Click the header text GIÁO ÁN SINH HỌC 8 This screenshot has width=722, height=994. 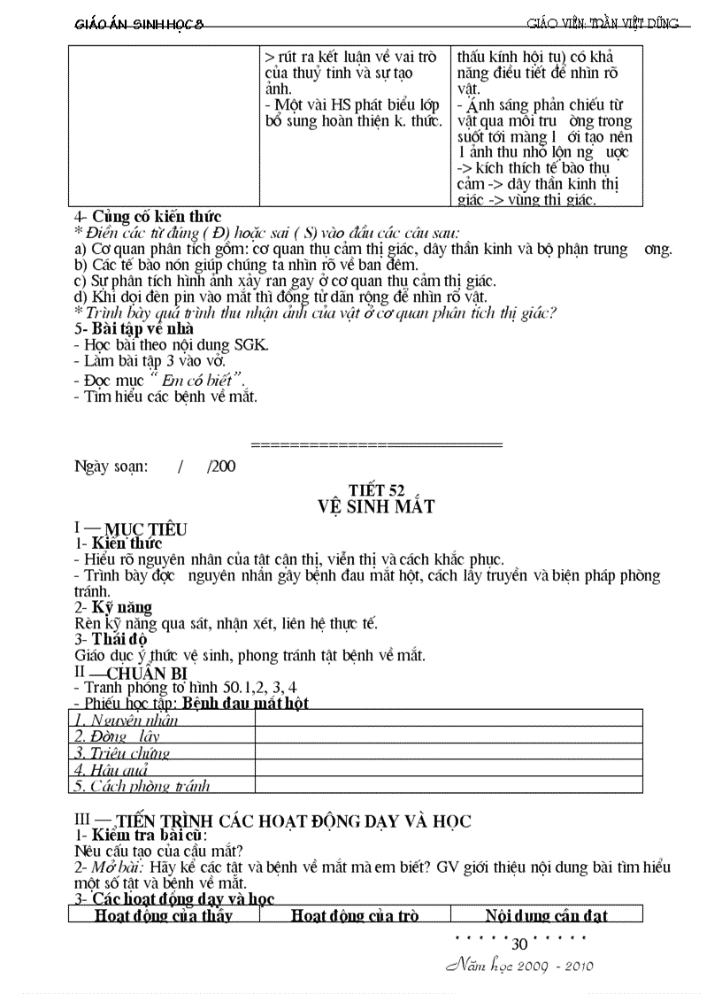point(139,24)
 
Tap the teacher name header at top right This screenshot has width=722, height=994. point(603,24)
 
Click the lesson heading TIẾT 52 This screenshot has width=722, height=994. point(378,490)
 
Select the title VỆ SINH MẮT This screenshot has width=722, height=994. point(377,507)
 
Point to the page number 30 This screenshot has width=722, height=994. point(519,944)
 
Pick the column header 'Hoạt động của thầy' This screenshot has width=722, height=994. point(164,915)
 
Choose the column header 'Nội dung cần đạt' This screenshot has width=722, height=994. point(546,915)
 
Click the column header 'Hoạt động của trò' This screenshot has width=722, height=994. point(355,915)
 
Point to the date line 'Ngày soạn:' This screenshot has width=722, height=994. point(111,466)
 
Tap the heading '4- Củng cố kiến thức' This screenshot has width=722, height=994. point(148,217)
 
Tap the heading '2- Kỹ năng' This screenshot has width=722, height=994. point(113,607)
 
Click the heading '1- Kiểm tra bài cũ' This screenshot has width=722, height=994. point(141,836)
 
